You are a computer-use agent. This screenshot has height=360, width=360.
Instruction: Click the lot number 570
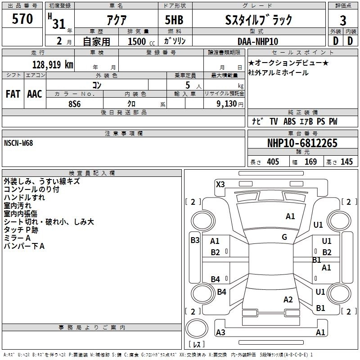22,18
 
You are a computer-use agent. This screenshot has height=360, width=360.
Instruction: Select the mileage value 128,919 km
53,65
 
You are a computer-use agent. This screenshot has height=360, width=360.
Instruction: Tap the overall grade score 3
343,21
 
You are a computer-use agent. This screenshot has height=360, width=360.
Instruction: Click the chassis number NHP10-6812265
302,143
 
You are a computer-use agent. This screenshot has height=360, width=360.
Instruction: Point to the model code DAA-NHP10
258,41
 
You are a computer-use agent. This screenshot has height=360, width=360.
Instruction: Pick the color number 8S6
75,104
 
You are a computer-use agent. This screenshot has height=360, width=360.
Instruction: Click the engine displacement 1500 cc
141,41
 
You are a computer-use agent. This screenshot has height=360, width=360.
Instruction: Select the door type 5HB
174,20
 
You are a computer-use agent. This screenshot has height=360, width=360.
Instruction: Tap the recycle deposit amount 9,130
227,104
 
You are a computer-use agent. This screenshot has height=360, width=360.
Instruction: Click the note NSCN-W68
18,143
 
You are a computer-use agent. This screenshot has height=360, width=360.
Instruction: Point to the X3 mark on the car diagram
220,184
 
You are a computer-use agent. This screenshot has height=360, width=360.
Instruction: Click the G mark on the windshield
284,237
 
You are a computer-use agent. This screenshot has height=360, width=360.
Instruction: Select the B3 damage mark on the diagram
195,240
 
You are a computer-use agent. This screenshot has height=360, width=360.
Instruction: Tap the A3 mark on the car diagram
220,332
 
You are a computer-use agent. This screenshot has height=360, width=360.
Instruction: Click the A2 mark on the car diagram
288,299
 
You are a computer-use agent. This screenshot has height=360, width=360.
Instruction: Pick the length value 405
273,162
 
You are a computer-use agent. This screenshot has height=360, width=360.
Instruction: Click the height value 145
346,162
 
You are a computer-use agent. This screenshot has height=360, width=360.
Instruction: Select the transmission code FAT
13,94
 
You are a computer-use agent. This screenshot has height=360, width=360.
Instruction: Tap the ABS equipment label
289,121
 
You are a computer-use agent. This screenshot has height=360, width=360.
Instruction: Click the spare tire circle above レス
197,328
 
